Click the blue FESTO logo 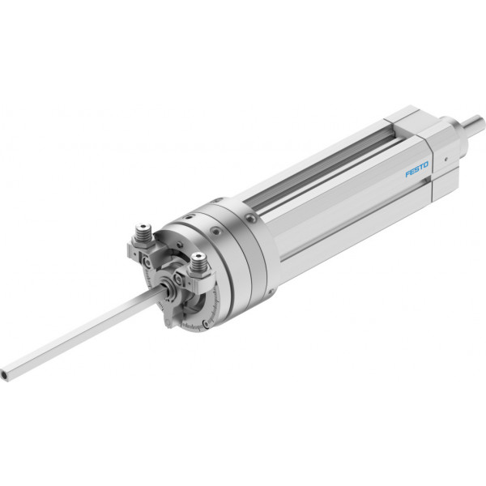[x=417, y=169]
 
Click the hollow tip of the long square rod [x=5, y=374]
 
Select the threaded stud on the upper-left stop [x=143, y=230]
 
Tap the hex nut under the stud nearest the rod [x=198, y=272]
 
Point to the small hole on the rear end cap [x=446, y=160]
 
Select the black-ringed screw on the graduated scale [x=205, y=324]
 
